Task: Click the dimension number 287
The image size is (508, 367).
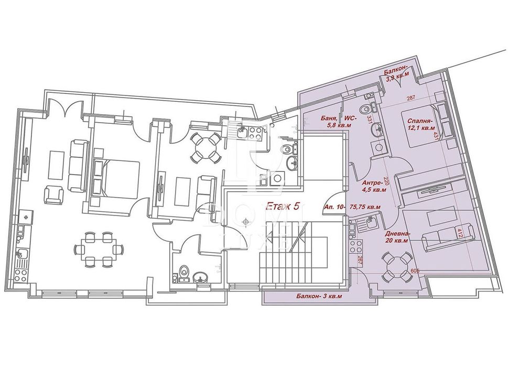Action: click(x=412, y=98)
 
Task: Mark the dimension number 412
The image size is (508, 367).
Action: click(x=460, y=231)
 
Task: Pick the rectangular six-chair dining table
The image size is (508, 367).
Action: click(x=95, y=249)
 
